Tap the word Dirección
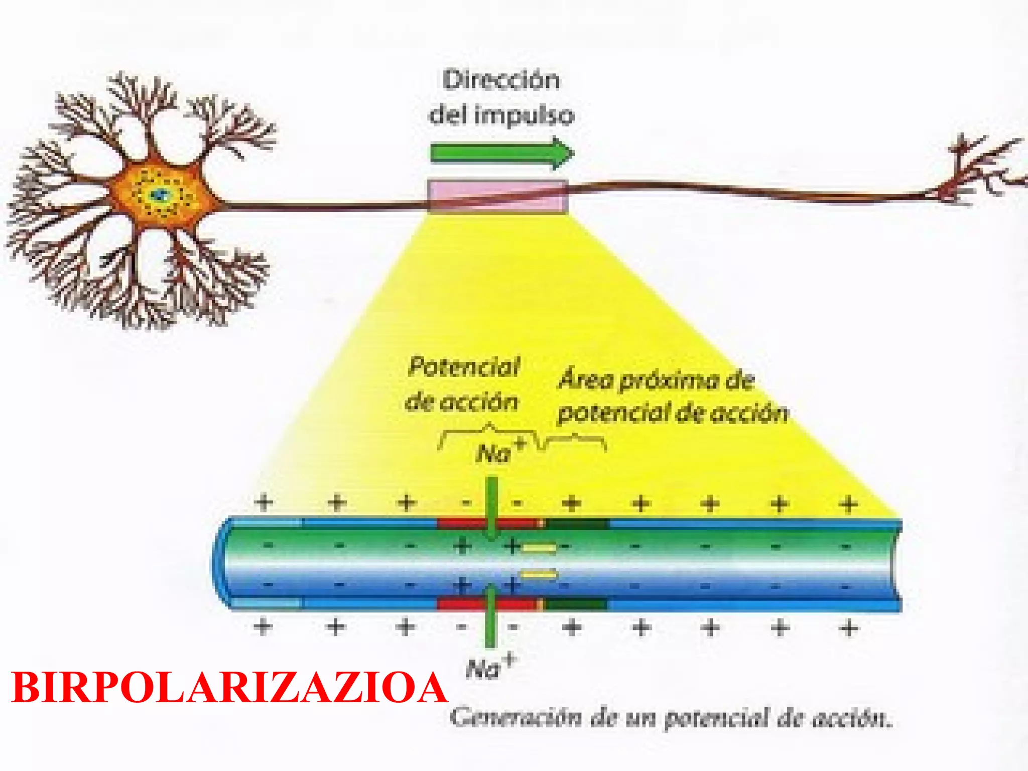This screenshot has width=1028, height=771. click(501, 80)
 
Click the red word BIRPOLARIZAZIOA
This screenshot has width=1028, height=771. click(229, 688)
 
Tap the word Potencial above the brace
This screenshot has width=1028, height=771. click(464, 367)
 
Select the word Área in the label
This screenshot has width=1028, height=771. click(586, 379)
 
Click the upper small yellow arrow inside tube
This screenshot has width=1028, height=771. click(539, 548)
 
